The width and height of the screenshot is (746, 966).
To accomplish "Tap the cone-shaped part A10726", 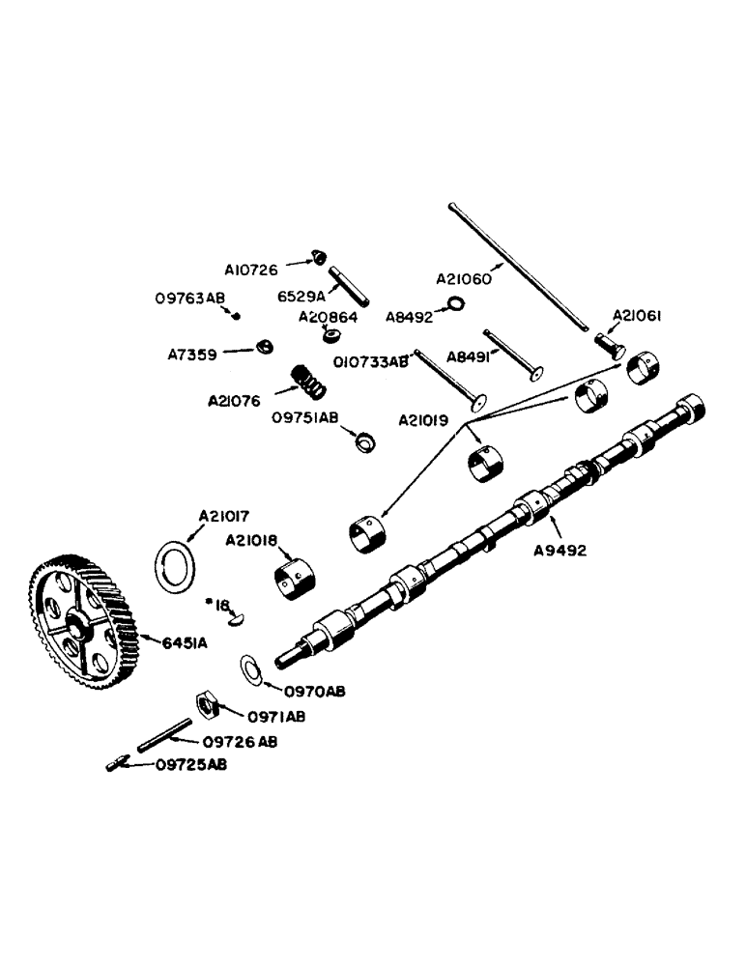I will tap(315, 258).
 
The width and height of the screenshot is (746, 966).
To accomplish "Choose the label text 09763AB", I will tap(188, 298).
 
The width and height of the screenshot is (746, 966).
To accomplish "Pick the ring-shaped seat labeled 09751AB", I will tap(365, 442).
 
